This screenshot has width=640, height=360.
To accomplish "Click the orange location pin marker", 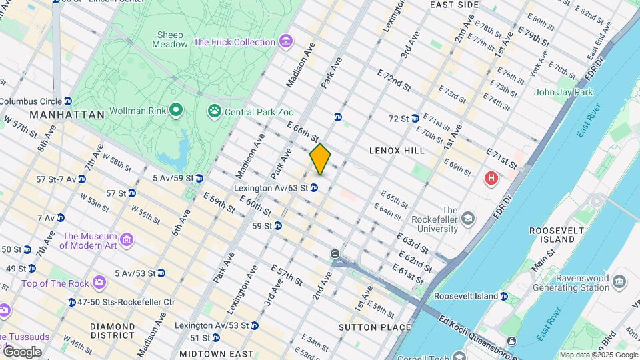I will [320, 159].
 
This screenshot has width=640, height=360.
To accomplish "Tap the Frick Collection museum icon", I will [286, 42].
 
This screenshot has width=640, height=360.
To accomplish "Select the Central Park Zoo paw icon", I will [215, 111].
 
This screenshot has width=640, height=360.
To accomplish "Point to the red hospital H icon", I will [491, 178].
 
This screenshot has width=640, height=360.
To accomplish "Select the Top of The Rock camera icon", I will [99, 283].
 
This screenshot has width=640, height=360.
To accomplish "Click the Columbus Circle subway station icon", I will [68, 101].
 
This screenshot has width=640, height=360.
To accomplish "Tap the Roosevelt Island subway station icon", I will [504, 296].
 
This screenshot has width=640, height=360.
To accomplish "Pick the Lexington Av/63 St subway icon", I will [313, 188].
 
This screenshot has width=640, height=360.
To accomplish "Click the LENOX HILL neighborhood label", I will [397, 151].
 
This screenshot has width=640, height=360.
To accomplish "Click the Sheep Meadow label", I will [171, 39].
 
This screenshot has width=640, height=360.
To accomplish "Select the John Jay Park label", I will [563, 92].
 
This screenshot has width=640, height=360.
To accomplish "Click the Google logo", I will [21, 352].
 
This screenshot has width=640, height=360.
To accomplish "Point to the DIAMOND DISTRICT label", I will [113, 331].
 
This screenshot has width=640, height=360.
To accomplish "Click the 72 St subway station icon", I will [415, 118].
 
